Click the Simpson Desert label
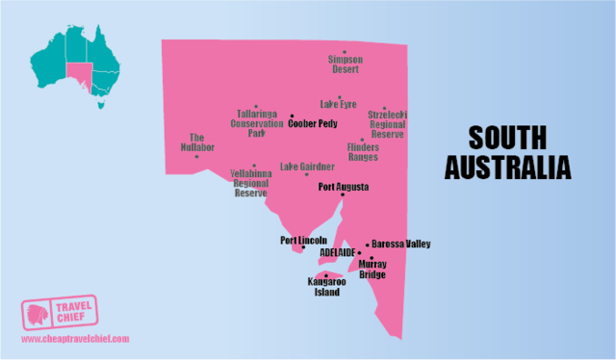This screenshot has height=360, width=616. [345, 64]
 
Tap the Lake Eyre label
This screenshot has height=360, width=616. [338, 104]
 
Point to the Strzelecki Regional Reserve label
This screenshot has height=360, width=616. [386, 124]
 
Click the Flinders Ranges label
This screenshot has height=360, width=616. [363, 152]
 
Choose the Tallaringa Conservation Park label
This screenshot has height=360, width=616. [257, 122]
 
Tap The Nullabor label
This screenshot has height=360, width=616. [197, 143]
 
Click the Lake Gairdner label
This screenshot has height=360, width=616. [307, 166]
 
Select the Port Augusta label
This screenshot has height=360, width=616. [344, 187]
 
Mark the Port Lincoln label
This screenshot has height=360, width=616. [303, 240]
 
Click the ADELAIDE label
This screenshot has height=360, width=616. [337, 252]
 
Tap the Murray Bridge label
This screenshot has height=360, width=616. [372, 269]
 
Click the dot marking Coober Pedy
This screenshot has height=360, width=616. [292, 116]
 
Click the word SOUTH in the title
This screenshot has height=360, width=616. [507, 138]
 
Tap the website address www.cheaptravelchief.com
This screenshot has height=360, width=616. [74, 340]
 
